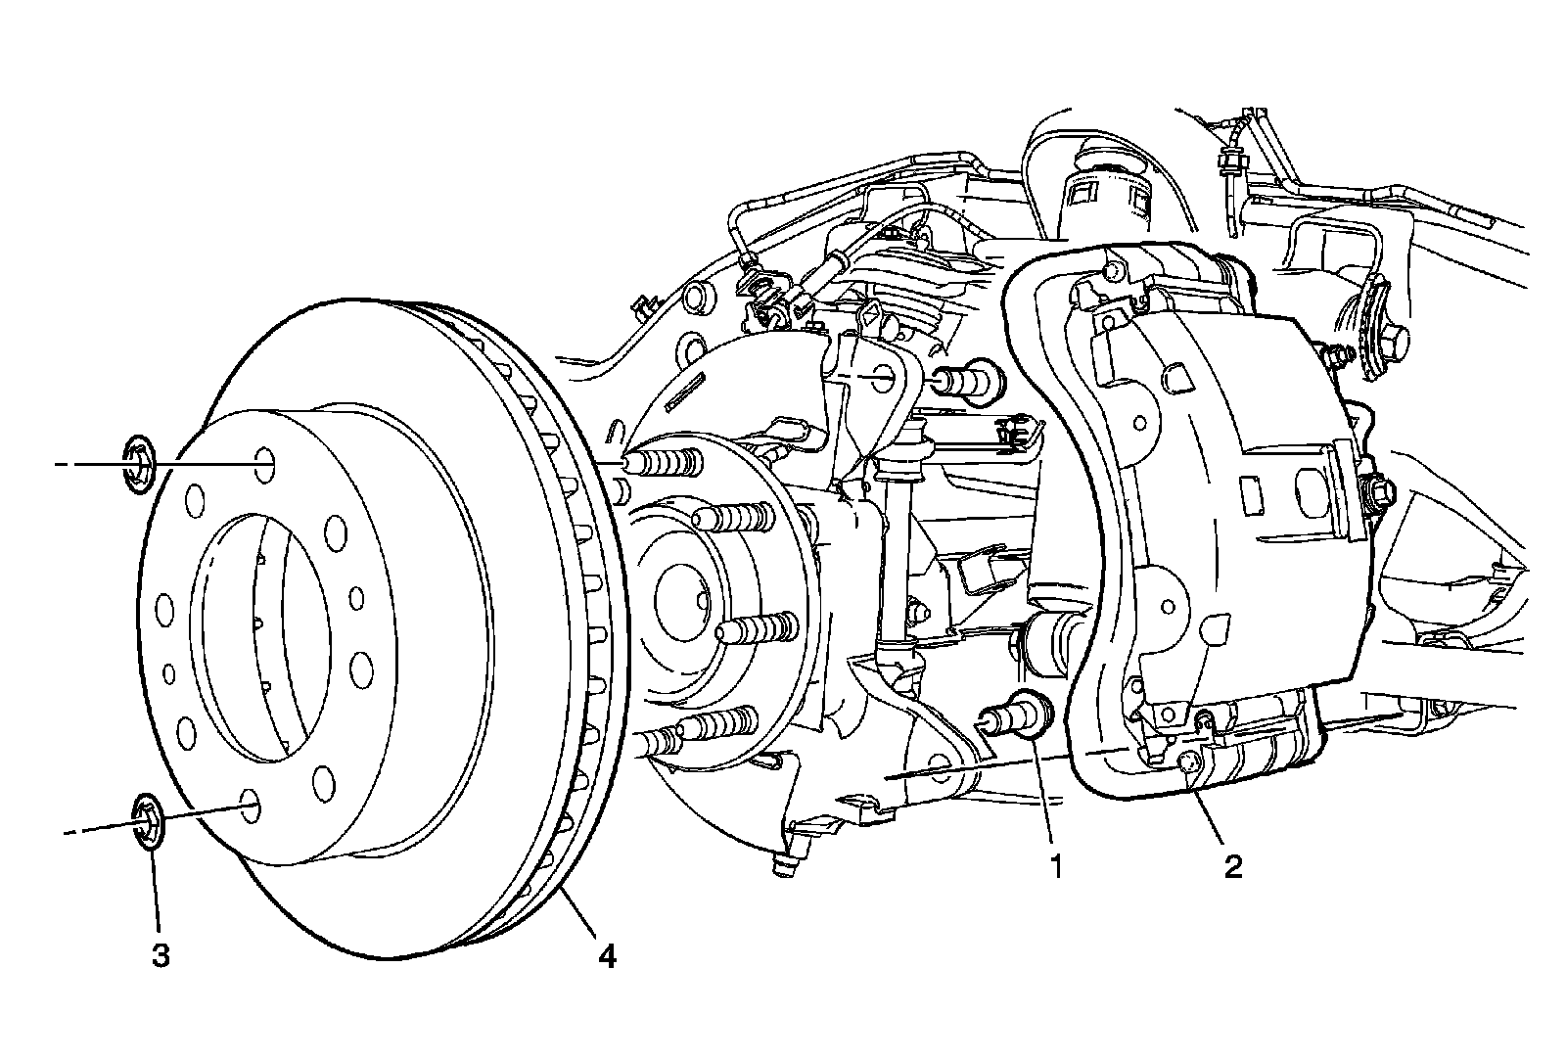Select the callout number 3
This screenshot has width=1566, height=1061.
(160, 955)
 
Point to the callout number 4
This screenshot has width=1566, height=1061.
(607, 955)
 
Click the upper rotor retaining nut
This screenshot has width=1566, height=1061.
(141, 463)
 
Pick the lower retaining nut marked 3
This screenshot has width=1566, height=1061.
(149, 820)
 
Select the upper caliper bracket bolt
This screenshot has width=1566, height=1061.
(969, 378)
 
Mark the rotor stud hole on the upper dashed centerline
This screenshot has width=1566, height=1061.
(263, 464)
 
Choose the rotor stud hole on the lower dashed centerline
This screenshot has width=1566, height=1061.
(250, 807)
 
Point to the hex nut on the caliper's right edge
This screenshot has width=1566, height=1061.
(1378, 489)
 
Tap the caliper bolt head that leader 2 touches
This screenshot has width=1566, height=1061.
(1187, 765)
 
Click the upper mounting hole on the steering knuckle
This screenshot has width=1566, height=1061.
(878, 375)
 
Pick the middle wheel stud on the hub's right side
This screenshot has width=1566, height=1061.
(757, 627)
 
